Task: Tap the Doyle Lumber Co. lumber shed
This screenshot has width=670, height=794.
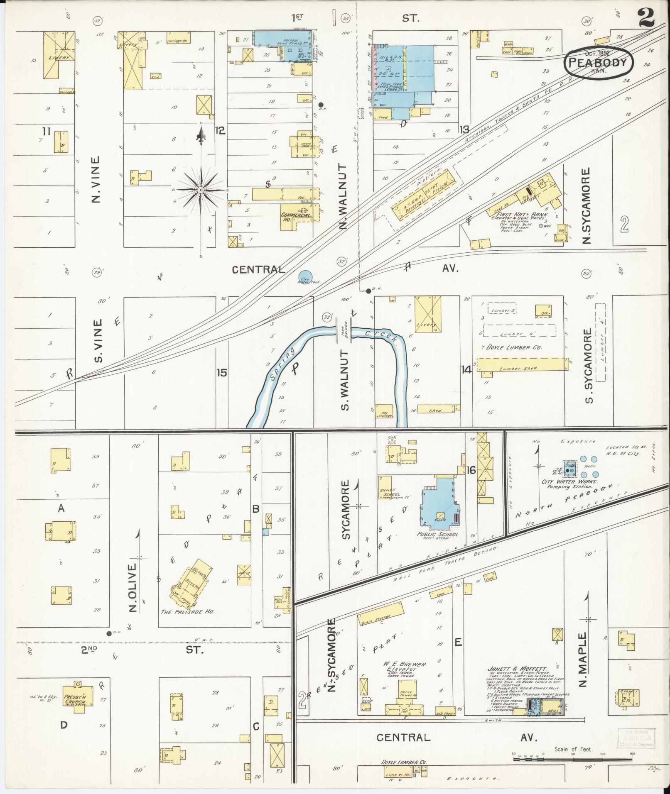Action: click(522, 364)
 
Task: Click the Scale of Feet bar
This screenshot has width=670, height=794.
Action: click(573, 759)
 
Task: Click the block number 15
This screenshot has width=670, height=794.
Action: click(222, 373)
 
